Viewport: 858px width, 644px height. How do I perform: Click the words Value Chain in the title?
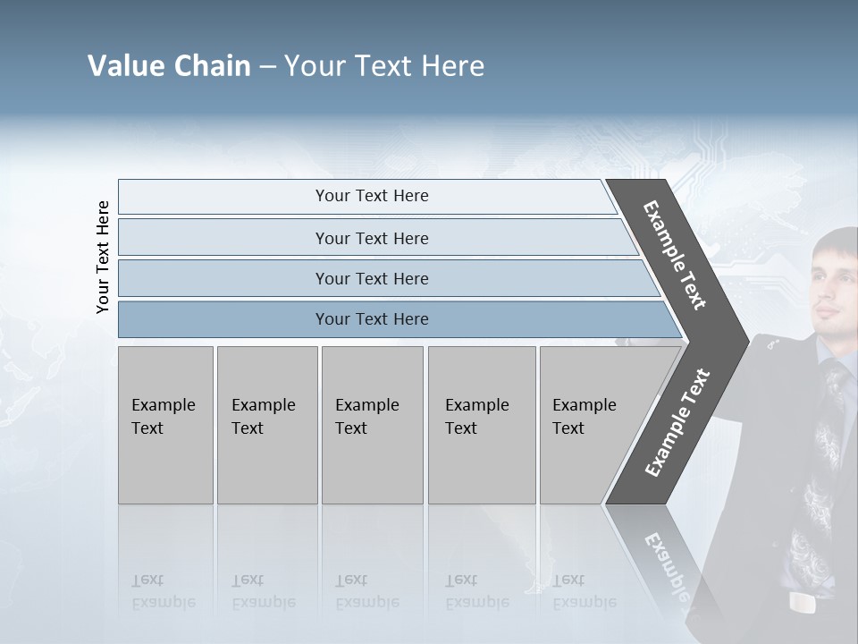(x=169, y=66)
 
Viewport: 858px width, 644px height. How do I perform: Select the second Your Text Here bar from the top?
(x=372, y=238)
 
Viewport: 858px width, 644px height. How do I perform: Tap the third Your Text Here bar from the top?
(x=372, y=278)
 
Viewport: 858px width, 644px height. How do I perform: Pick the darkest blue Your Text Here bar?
(x=372, y=319)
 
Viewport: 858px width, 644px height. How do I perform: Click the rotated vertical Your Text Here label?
(x=103, y=258)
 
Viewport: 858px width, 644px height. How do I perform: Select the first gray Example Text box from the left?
(x=165, y=424)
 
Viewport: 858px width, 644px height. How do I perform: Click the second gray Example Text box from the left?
(x=266, y=424)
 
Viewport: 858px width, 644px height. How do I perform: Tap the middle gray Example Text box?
(x=372, y=424)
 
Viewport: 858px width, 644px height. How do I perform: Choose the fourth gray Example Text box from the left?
(x=481, y=424)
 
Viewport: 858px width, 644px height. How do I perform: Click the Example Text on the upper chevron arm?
(x=675, y=256)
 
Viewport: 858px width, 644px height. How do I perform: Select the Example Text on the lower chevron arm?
(x=677, y=422)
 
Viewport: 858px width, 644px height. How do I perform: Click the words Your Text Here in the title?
(x=384, y=66)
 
